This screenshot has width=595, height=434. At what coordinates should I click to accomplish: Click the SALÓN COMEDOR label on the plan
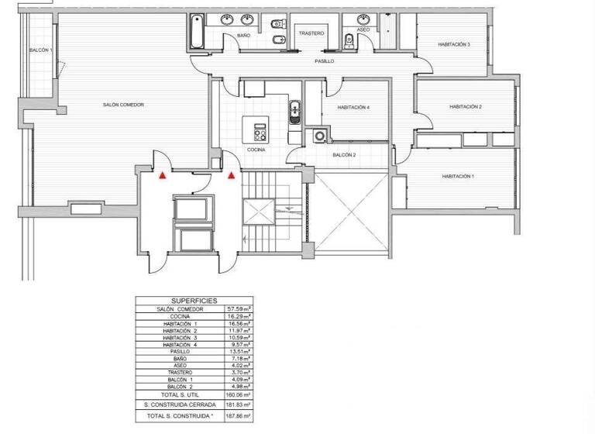point(124,105)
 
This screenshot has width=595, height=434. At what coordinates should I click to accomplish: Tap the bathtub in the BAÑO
point(198,32)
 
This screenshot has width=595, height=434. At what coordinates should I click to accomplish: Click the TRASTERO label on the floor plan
point(311,34)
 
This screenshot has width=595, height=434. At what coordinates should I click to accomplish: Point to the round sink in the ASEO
point(361,19)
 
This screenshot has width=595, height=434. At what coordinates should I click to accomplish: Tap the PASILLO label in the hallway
point(324,60)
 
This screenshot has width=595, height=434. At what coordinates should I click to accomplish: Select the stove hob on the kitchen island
point(258,126)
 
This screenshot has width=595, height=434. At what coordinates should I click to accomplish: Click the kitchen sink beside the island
point(294,112)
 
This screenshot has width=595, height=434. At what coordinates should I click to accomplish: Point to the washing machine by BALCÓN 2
point(319,137)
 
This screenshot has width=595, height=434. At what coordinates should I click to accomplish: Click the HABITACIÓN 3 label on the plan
point(453,45)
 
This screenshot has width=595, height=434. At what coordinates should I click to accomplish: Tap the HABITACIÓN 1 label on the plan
point(458,176)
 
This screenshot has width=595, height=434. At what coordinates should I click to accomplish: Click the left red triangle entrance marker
point(162,176)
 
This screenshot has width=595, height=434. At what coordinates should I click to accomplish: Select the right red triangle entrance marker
point(231,176)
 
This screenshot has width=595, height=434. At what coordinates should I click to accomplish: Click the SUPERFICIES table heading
point(194,301)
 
